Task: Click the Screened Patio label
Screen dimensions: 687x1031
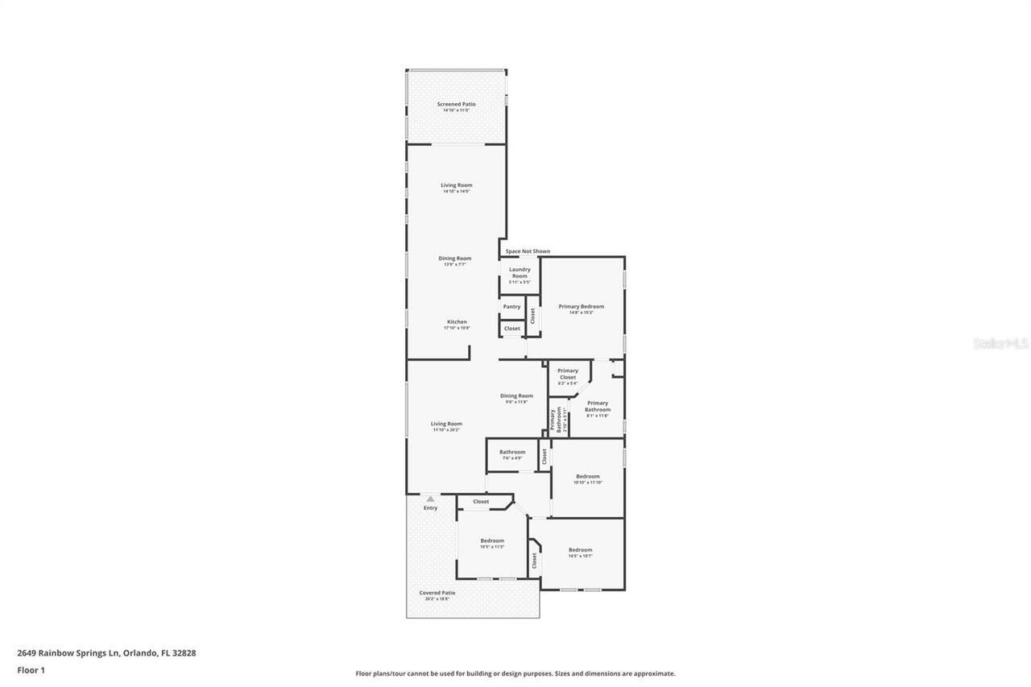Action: point(456,105)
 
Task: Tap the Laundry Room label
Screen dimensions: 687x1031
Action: point(520,273)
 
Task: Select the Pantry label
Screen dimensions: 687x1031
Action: point(511,307)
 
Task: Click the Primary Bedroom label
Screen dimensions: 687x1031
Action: point(581,307)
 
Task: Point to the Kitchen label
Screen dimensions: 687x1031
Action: point(457,322)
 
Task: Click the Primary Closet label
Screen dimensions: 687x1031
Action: point(568,375)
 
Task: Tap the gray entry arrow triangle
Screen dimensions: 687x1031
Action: point(430,499)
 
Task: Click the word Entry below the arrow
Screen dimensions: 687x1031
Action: point(430,508)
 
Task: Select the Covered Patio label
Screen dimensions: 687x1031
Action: point(437,594)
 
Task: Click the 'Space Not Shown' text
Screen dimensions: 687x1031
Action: point(528,251)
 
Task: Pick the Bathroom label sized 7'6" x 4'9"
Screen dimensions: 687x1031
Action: point(512,453)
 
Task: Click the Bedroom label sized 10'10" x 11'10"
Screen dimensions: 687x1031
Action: point(586,477)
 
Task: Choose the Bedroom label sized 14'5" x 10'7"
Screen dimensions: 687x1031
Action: point(580,550)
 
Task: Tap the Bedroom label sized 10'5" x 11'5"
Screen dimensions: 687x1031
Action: point(492,541)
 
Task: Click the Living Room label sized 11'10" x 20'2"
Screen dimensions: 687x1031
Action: point(446,424)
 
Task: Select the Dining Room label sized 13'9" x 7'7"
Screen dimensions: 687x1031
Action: point(455,259)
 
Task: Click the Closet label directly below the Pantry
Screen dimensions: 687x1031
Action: point(511,329)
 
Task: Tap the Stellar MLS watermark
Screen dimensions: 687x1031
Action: point(1000,343)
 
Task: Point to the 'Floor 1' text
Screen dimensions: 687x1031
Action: point(31,670)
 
